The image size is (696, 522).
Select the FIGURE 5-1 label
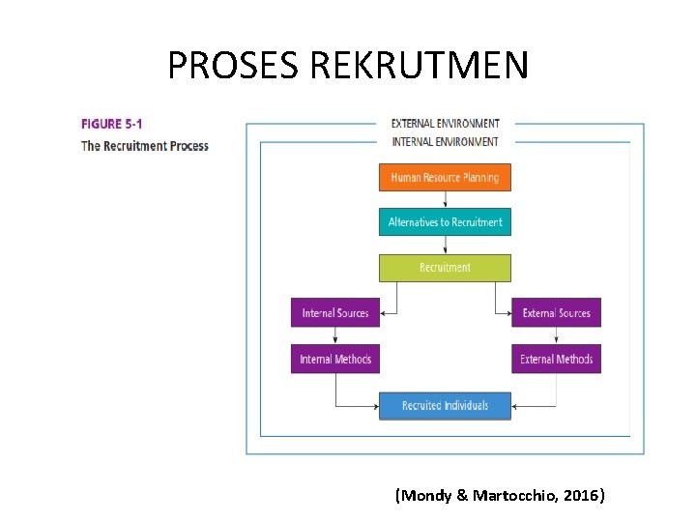tap(113, 124)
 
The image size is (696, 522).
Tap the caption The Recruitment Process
tap(144, 146)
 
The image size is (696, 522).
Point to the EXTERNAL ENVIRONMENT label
tap(445, 124)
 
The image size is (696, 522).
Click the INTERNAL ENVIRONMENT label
tap(445, 141)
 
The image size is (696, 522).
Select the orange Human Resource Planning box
tap(445, 178)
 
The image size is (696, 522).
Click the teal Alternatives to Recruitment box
tap(445, 222)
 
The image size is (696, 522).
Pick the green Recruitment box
tap(445, 268)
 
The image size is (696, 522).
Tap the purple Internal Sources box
tap(335, 313)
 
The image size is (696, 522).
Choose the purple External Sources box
tap(556, 313)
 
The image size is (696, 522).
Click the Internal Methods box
tap(335, 360)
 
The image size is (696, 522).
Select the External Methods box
tap(556, 360)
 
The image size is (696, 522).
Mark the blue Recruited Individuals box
tap(445, 406)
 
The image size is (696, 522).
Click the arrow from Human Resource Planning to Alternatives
tap(445, 199)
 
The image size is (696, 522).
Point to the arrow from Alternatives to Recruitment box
tap(445, 245)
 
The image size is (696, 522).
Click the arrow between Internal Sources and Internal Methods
tap(335, 336)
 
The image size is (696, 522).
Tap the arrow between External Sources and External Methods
tap(556, 336)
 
